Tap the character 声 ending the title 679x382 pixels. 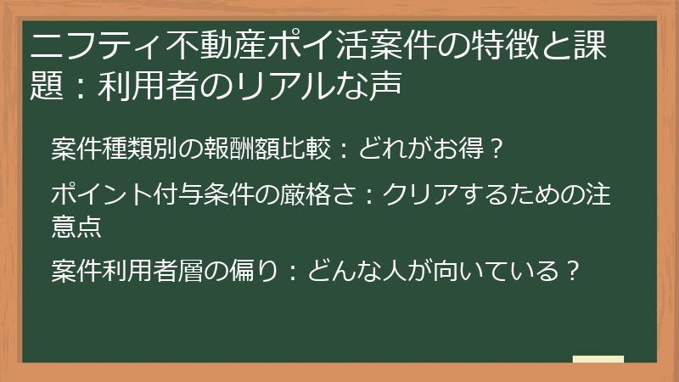click(385, 84)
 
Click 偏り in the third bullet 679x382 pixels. click(252, 271)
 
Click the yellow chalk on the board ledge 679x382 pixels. click(598, 359)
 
